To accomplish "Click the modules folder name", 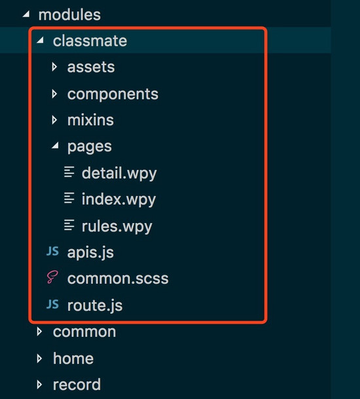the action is pyautogui.click(x=69, y=15).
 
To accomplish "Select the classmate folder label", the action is pyautogui.click(x=90, y=41).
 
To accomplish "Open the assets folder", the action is pyautogui.click(x=91, y=67).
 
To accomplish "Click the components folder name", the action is pyautogui.click(x=113, y=94).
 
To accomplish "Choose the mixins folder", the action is pyautogui.click(x=90, y=120).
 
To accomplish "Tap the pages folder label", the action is pyautogui.click(x=90, y=147).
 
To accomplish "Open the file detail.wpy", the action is pyautogui.click(x=119, y=173).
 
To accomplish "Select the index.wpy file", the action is pyautogui.click(x=118, y=199).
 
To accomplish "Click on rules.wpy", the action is pyautogui.click(x=117, y=226).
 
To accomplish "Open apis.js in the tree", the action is pyautogui.click(x=90, y=252).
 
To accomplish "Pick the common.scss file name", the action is pyautogui.click(x=118, y=279).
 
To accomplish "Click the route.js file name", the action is pyautogui.click(x=95, y=305).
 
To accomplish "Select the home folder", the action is pyautogui.click(x=73, y=358).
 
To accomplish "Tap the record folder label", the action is pyautogui.click(x=77, y=385).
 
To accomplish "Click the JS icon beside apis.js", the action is pyautogui.click(x=53, y=251).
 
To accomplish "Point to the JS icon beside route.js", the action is pyautogui.click(x=53, y=304).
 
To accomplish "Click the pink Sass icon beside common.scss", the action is pyautogui.click(x=52, y=277).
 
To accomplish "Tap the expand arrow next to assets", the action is pyautogui.click(x=54, y=67).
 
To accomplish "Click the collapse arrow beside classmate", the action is pyautogui.click(x=40, y=40).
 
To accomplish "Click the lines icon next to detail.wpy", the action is pyautogui.click(x=69, y=172).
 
